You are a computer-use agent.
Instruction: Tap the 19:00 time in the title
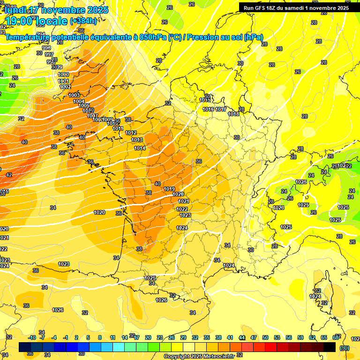pos(19,21)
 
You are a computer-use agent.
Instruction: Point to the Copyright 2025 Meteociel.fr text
pos(199,356)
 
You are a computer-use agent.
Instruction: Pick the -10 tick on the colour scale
pos(32,337)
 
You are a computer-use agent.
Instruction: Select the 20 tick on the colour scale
pos(148,337)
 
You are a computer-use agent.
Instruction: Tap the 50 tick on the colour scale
pos(265,337)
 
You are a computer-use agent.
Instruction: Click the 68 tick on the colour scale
pos(336,337)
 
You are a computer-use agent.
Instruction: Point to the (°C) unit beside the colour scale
pos(345,347)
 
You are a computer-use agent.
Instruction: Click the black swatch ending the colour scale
pos(330,347)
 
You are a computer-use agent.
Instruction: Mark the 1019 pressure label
pos(169,189)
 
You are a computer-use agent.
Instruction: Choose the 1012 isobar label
pos(131,133)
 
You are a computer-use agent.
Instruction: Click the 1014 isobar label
pos(140,148)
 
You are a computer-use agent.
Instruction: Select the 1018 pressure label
pos(233,114)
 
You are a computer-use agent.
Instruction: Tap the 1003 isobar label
pos(74,95)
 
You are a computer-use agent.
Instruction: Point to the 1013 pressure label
pos(137,140)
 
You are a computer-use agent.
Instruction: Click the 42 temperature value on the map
pos(9,175)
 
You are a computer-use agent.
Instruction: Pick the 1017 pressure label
pos(221,109)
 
